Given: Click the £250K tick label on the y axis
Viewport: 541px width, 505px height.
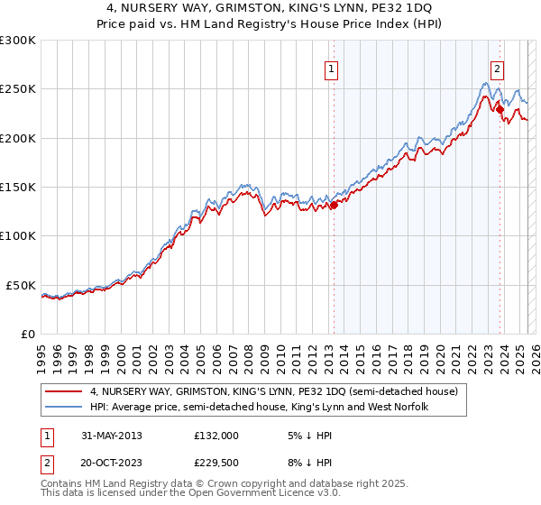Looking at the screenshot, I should (x=18, y=89).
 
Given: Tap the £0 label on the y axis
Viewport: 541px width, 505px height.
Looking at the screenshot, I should (x=28, y=334).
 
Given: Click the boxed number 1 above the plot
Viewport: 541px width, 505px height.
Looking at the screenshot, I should (x=332, y=68).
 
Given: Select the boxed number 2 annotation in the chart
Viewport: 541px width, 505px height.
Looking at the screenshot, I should (x=498, y=68).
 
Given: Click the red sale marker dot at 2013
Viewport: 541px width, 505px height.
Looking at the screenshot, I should (x=334, y=205).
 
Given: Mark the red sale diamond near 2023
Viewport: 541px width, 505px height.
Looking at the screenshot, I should (x=500, y=109).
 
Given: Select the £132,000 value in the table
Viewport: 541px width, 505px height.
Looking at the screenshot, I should (x=216, y=435).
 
